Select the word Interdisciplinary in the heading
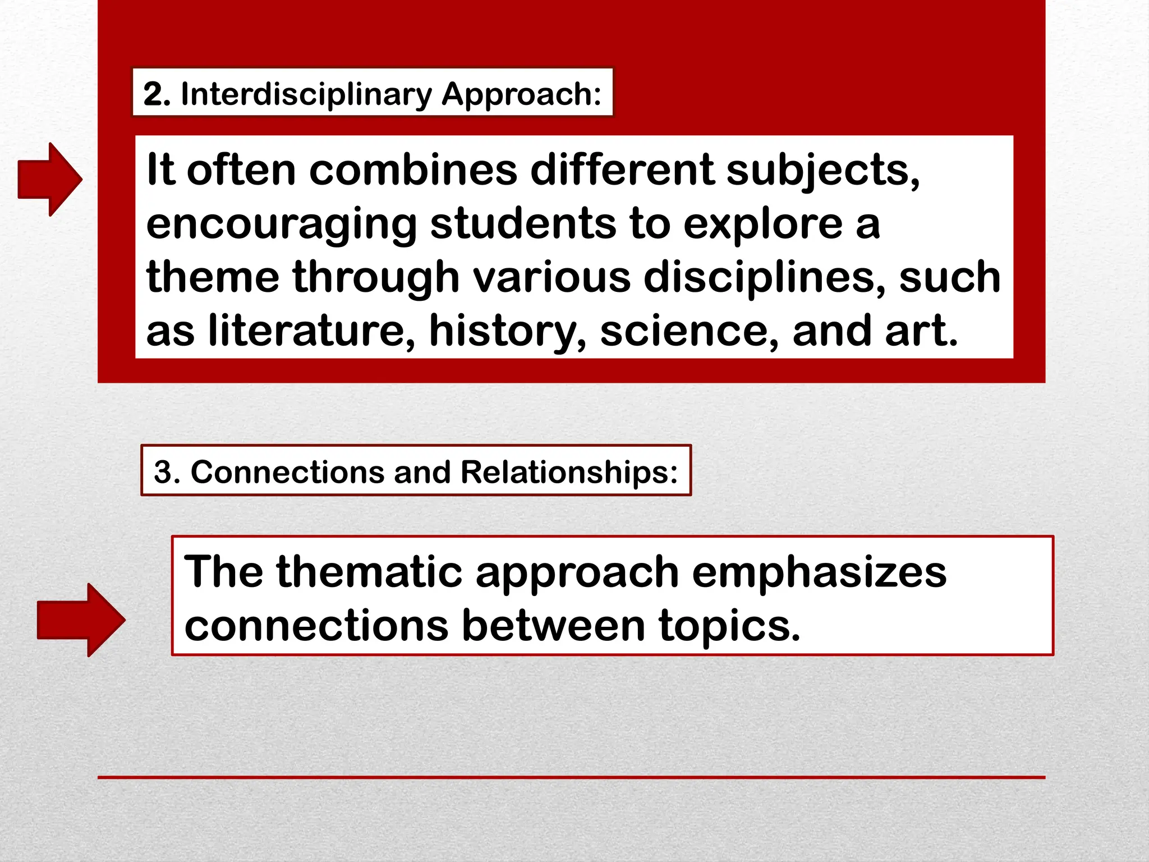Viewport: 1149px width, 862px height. [x=306, y=94]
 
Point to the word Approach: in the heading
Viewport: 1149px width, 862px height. [x=521, y=94]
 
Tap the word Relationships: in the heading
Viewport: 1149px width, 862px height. [x=569, y=471]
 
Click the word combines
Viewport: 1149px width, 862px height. [x=413, y=169]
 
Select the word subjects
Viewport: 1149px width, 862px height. [x=822, y=169]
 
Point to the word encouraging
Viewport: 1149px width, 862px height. [x=281, y=223]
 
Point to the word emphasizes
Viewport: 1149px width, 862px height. [x=819, y=572]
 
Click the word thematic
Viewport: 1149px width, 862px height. [x=369, y=572]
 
